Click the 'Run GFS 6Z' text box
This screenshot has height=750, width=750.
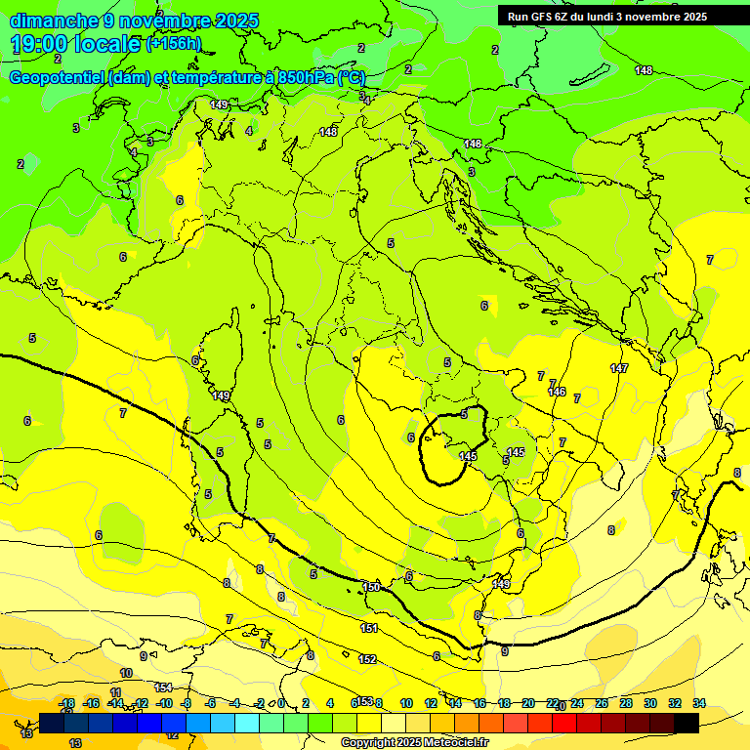606,16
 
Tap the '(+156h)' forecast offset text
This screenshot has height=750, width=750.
174,43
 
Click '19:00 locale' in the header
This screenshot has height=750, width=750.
75,44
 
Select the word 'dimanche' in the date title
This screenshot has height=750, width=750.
45,21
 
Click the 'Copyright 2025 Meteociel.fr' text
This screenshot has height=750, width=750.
415,742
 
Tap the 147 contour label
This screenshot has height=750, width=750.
619,368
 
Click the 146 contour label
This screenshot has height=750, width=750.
557,392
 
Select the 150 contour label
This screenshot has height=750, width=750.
371,587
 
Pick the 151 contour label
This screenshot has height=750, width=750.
368,628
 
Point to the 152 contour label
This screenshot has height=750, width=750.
367,660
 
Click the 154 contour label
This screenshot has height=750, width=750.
163,687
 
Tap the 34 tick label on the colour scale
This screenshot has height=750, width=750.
699,703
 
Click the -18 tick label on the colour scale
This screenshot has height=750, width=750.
66,703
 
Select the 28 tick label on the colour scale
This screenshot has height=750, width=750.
626,703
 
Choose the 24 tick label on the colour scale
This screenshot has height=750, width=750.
577,703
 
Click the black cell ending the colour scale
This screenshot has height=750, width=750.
687,723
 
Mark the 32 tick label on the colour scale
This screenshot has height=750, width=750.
675,703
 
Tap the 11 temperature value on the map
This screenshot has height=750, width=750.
115,691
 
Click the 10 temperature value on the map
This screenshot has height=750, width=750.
126,673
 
